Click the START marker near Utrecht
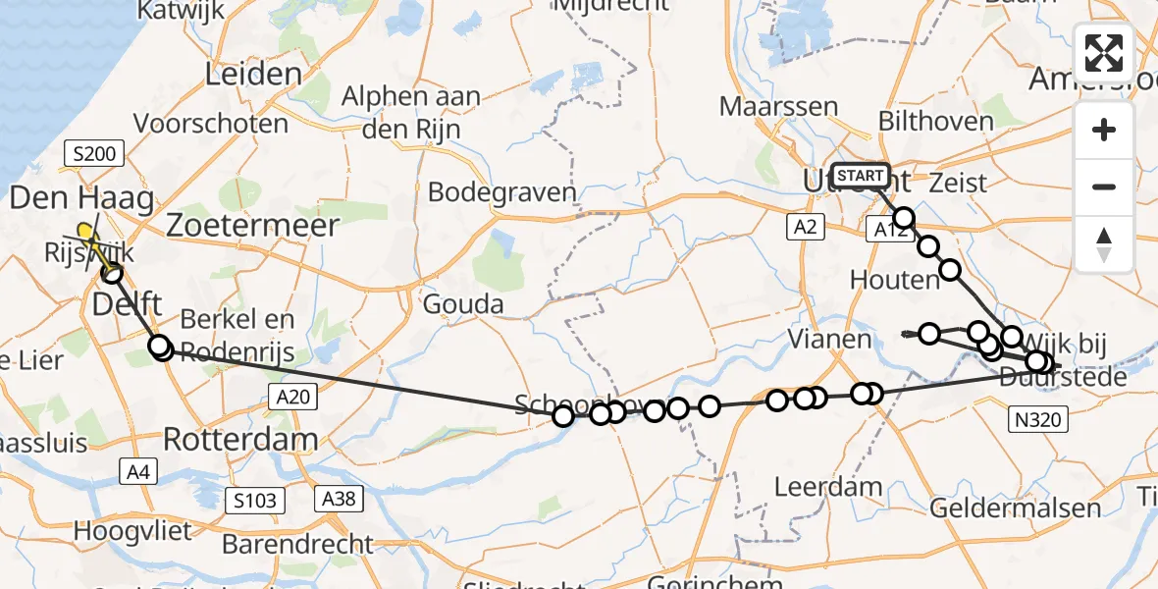click(x=861, y=176)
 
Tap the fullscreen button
click(x=1104, y=53)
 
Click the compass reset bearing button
click(x=1104, y=243)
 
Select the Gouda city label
click(x=463, y=304)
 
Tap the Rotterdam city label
click(x=240, y=439)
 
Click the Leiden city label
click(x=254, y=75)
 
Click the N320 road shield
click(x=1037, y=420)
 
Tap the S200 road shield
click(x=94, y=152)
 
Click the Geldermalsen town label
click(x=1015, y=509)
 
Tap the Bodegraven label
click(x=501, y=191)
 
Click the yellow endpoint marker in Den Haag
click(x=86, y=232)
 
